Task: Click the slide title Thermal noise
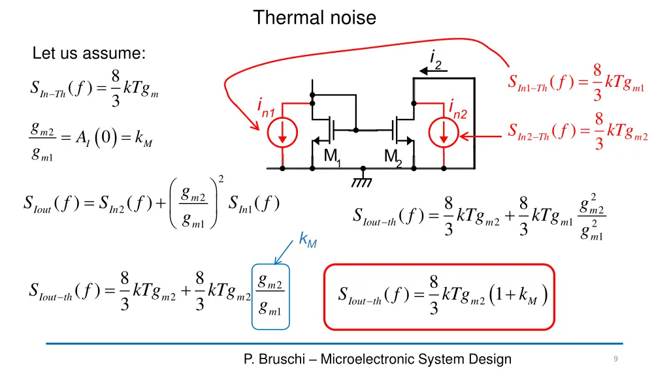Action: click(x=314, y=18)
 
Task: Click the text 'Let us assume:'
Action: click(x=89, y=54)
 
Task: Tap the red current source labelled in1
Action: click(x=282, y=133)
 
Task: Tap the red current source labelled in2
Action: click(x=444, y=133)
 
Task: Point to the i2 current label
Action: click(x=436, y=59)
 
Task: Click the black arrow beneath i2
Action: click(x=434, y=71)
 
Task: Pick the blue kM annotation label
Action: click(x=308, y=240)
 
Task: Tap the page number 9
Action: click(x=615, y=358)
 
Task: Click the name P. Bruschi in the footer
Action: click(x=274, y=359)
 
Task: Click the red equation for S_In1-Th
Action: click(x=576, y=82)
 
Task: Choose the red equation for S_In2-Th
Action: click(x=578, y=131)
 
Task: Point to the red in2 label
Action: click(x=458, y=110)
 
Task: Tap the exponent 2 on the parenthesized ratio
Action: click(x=221, y=179)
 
